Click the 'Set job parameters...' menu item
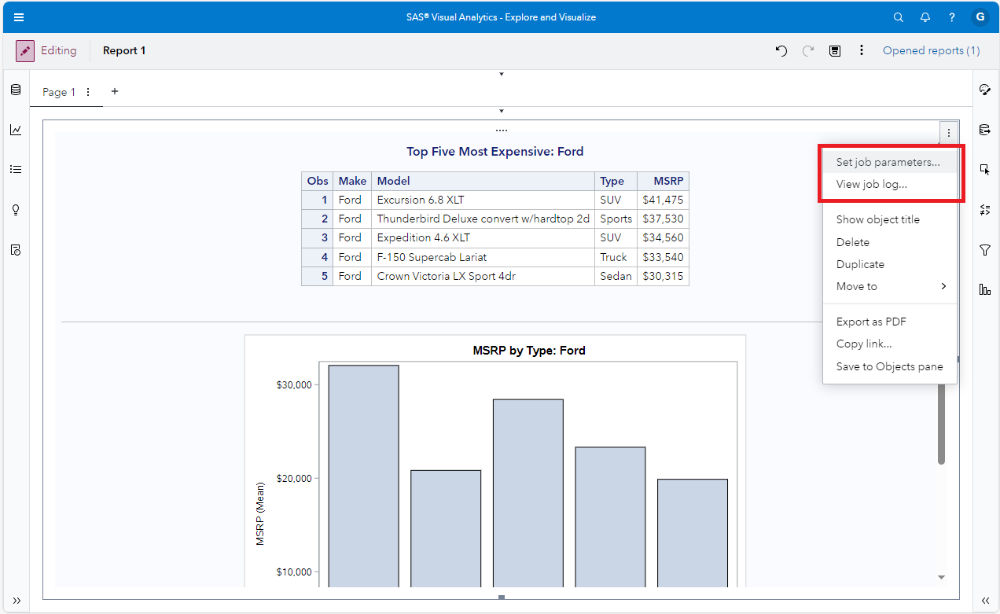pyautogui.click(x=888, y=163)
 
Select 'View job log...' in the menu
pyautogui.click(x=871, y=185)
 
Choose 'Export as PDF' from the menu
pyautogui.click(x=871, y=322)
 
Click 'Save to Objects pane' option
pyautogui.click(x=889, y=366)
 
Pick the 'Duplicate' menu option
pyautogui.click(x=860, y=264)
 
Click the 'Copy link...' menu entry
pyautogui.click(x=863, y=344)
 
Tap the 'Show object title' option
pyautogui.click(x=877, y=219)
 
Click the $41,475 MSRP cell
pyautogui.click(x=663, y=200)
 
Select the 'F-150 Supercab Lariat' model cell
pyautogui.click(x=432, y=257)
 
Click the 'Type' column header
pyautogui.click(x=612, y=181)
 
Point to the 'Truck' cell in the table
pyautogui.click(x=613, y=257)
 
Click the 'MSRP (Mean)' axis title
pyautogui.click(x=260, y=513)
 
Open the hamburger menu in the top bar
pyautogui.click(x=19, y=17)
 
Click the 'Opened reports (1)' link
pyautogui.click(x=931, y=50)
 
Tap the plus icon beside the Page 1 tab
pyautogui.click(x=115, y=91)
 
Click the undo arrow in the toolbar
pyautogui.click(x=781, y=50)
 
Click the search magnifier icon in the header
pyautogui.click(x=899, y=17)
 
